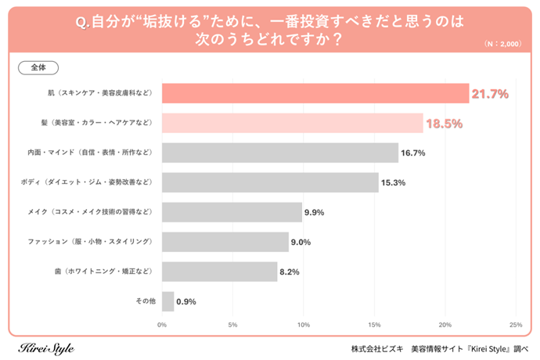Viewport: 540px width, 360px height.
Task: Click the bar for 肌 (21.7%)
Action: point(315,93)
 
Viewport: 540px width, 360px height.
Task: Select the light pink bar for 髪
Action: point(292,123)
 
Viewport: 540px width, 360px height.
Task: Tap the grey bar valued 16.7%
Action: point(279,153)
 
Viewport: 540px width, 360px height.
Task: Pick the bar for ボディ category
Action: point(269,182)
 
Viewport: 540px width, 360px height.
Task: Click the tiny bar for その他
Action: point(167,301)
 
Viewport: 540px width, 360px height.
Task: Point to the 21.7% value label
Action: point(490,94)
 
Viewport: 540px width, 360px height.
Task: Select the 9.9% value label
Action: point(313,212)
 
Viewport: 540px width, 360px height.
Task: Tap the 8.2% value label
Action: point(290,272)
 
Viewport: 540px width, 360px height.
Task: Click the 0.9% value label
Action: point(186,301)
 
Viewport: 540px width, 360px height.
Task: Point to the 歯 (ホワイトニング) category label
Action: point(104,272)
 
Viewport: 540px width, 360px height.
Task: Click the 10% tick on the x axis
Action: point(304,324)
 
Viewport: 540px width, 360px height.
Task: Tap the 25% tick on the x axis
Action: point(515,324)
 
